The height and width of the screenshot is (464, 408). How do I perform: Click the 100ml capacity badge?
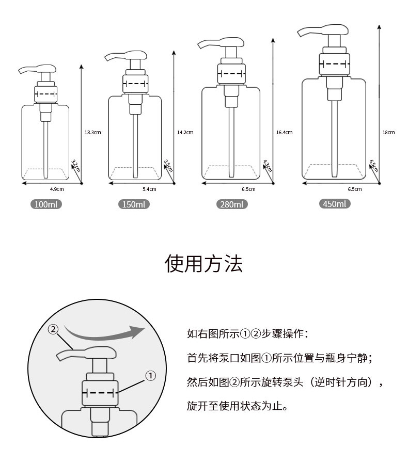point(46,204)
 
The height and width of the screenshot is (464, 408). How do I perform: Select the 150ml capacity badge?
point(134,204)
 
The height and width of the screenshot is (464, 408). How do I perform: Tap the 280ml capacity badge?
point(232,204)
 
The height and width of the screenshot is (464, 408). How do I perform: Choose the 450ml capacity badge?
point(335,203)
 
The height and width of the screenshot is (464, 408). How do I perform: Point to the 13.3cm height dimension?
point(92,133)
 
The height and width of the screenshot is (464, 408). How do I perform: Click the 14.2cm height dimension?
point(185,133)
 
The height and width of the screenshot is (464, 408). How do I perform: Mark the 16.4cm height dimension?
point(284,133)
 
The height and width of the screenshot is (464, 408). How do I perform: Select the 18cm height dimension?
point(388,133)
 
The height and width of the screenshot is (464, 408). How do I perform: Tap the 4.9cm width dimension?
point(57,189)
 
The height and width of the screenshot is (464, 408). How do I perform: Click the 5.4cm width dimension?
point(149,189)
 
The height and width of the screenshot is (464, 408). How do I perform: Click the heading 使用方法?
point(203,264)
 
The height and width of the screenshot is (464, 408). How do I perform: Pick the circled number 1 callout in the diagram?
point(150,376)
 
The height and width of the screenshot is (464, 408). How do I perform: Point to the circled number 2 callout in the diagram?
point(53,329)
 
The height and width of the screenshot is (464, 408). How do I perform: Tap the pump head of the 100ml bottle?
point(37,69)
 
